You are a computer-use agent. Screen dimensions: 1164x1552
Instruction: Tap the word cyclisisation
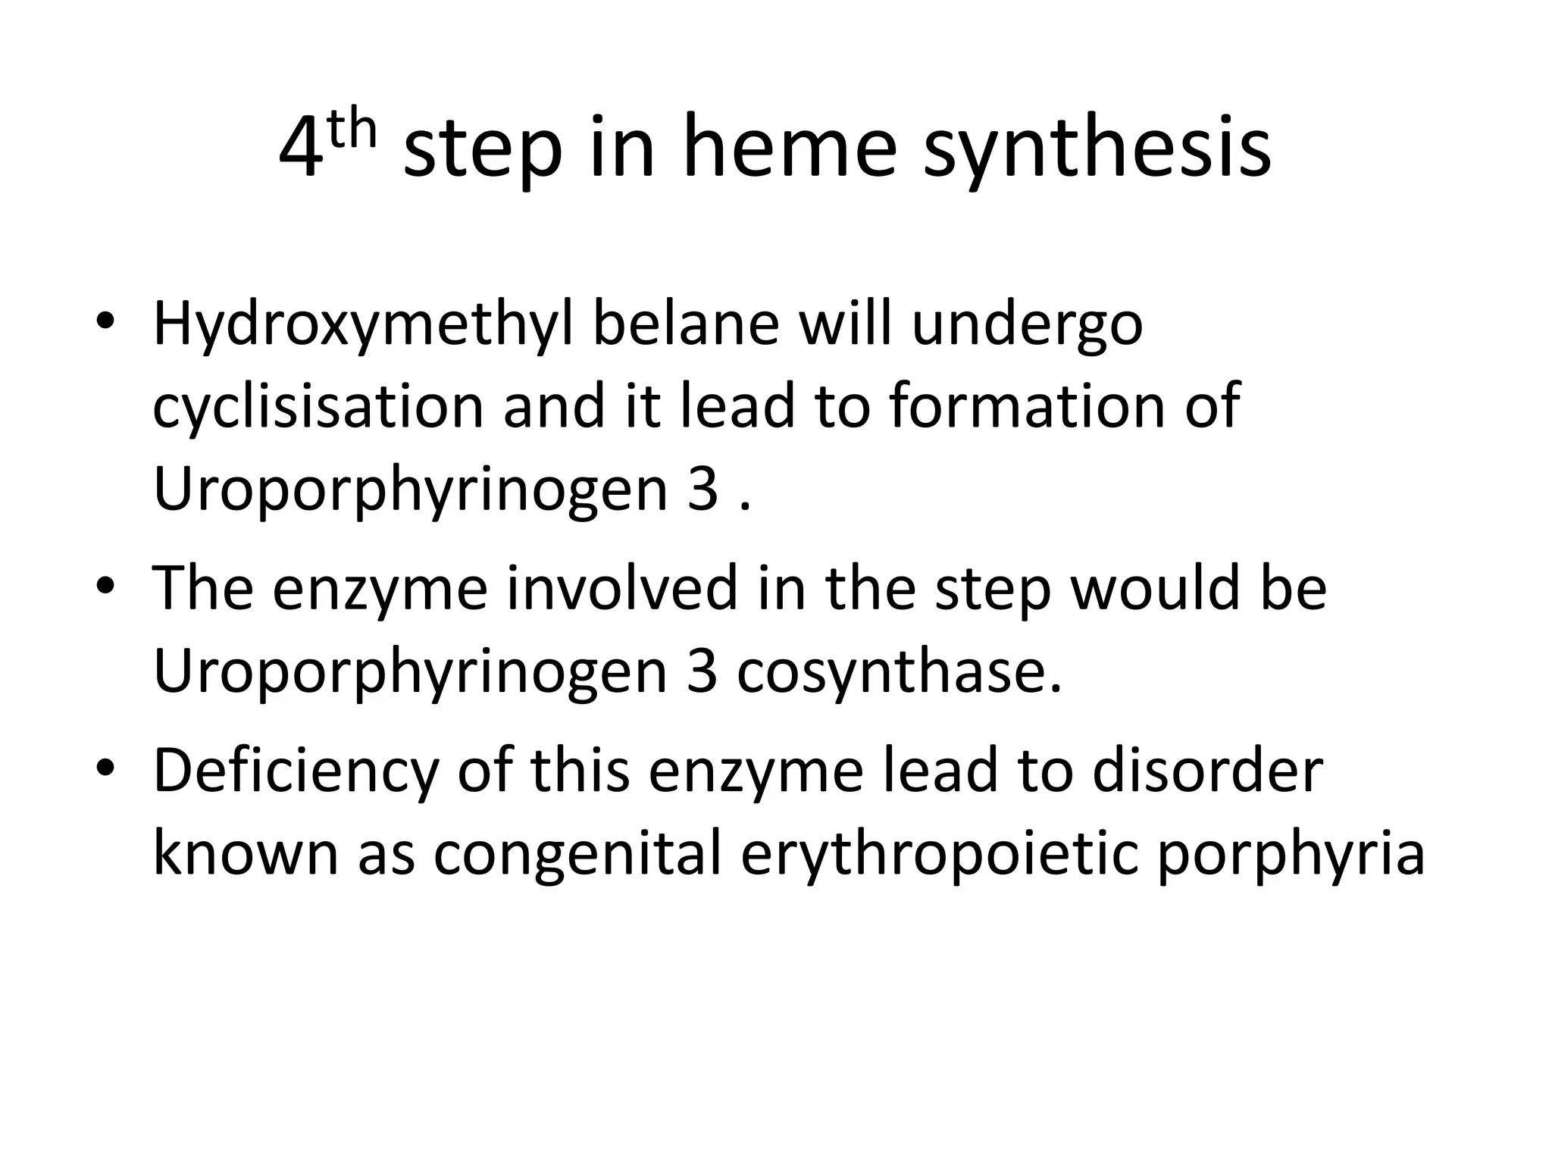[318, 407]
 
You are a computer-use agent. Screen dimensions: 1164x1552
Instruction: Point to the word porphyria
[1291, 855]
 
